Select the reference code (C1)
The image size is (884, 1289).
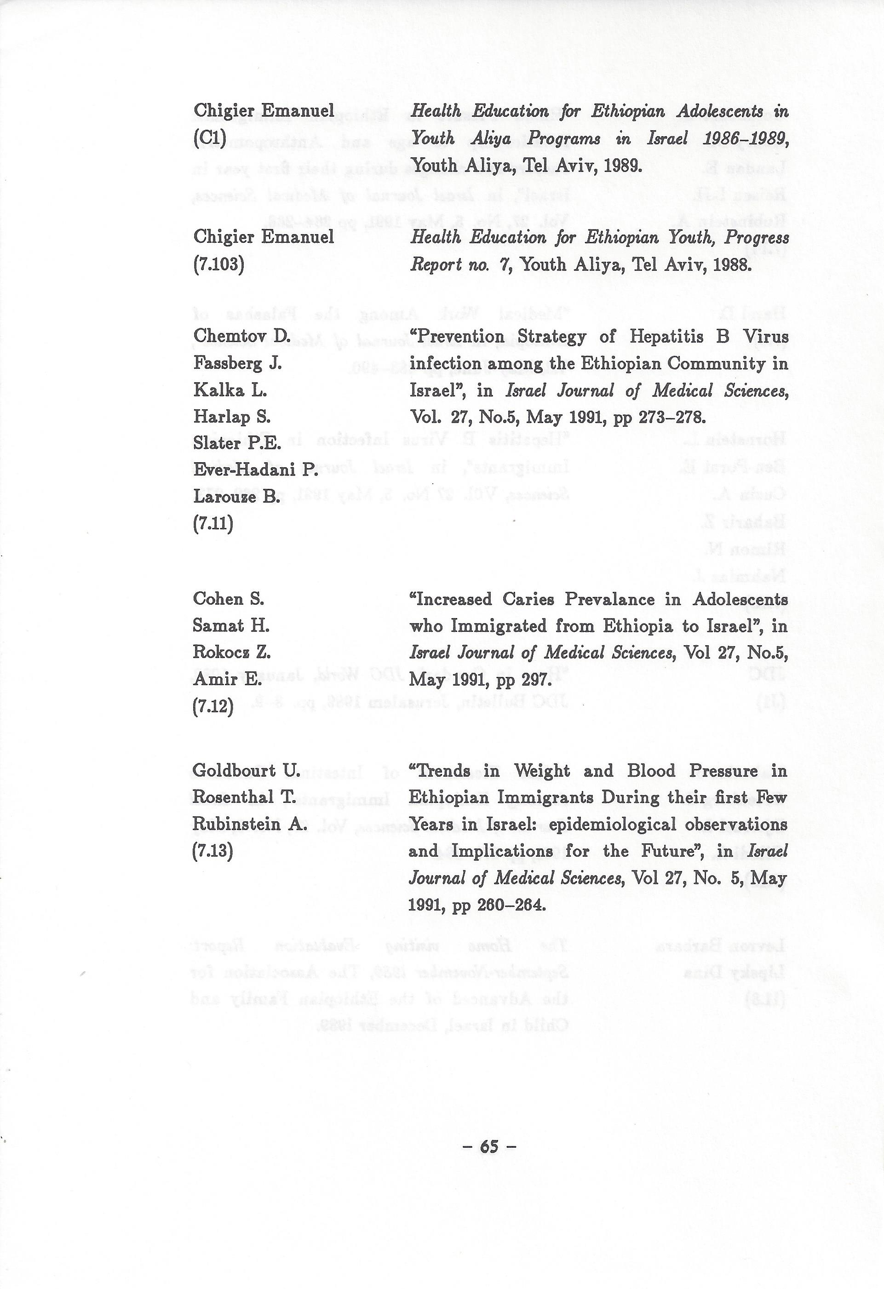coord(210,138)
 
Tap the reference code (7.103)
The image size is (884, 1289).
coord(218,264)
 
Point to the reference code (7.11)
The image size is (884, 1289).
coord(213,524)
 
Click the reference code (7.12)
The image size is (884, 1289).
coord(213,707)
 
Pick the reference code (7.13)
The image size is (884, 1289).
coord(212,850)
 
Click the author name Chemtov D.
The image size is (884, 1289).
coord(242,336)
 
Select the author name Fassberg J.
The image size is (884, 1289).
coord(237,363)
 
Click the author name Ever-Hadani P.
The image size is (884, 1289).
coord(256,470)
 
